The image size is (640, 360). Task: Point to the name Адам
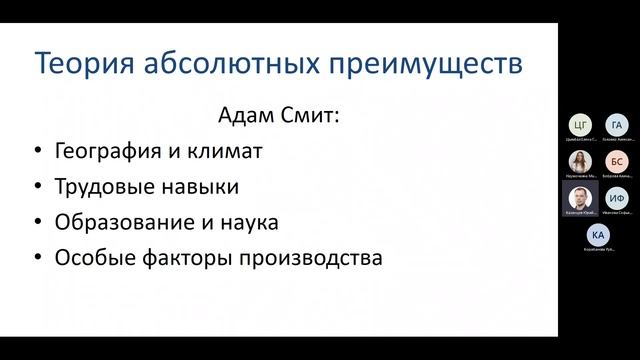pyautogui.click(x=245, y=117)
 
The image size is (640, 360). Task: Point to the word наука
pyautogui.click(x=244, y=222)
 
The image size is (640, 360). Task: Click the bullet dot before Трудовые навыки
pyautogui.click(x=37, y=188)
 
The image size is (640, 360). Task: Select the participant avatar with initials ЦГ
pyautogui.click(x=578, y=126)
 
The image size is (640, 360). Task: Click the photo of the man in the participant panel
pyautogui.click(x=578, y=195)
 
